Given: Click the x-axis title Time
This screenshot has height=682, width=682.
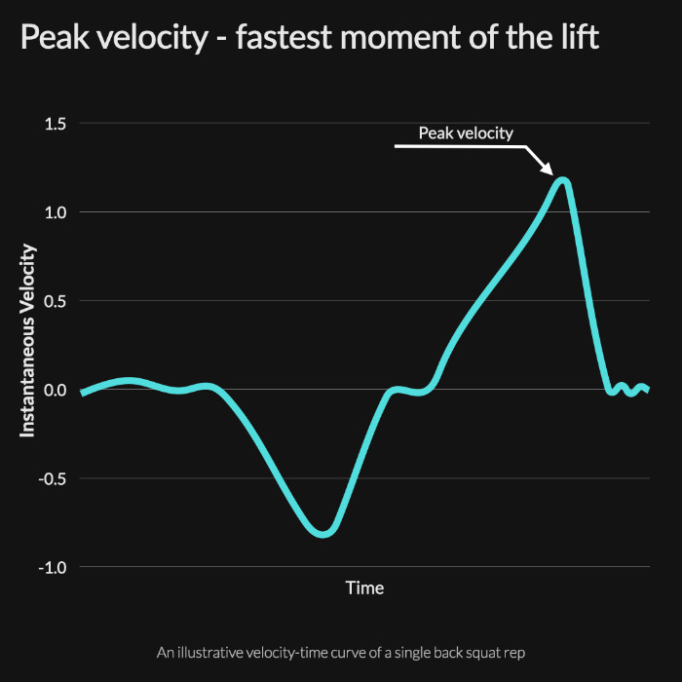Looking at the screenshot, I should (x=364, y=587).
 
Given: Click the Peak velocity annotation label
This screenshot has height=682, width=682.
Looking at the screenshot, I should (x=466, y=133).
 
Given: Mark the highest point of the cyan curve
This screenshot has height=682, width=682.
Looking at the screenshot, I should (x=562, y=179).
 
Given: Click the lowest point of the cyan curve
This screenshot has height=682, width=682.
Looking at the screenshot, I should (x=325, y=534).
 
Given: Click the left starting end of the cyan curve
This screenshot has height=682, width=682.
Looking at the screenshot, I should (x=82, y=393).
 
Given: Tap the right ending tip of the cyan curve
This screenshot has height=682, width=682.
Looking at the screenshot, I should (x=647, y=389).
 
